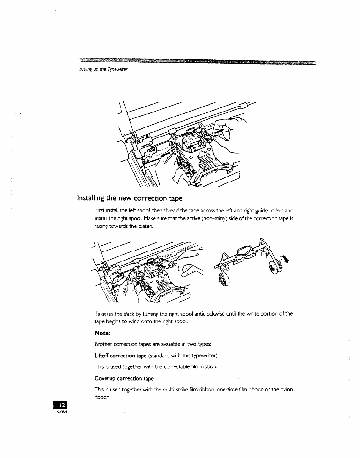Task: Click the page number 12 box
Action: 62,406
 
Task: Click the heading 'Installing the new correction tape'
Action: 130,198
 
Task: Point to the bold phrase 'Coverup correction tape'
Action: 124,378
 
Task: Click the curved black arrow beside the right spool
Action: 284,259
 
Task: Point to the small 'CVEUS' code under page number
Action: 62,412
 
